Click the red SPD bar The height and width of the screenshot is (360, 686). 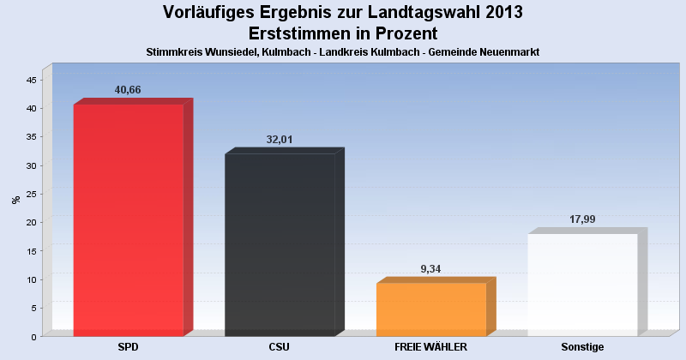[129, 219]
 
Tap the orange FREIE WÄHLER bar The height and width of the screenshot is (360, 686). [431, 309]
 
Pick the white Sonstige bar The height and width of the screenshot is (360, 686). [582, 284]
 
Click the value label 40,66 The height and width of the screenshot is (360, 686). [128, 90]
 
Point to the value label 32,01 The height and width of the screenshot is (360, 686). [280, 139]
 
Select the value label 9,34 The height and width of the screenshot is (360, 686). [431, 268]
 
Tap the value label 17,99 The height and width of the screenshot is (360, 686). [582, 219]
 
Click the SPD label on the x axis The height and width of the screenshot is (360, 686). [129, 347]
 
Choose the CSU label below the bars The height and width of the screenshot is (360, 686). [280, 347]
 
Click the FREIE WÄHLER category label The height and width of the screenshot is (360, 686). [430, 347]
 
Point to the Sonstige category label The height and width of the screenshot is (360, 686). [582, 347]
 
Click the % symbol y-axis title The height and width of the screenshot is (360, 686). [15, 200]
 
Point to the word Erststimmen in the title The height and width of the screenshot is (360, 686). [301, 33]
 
